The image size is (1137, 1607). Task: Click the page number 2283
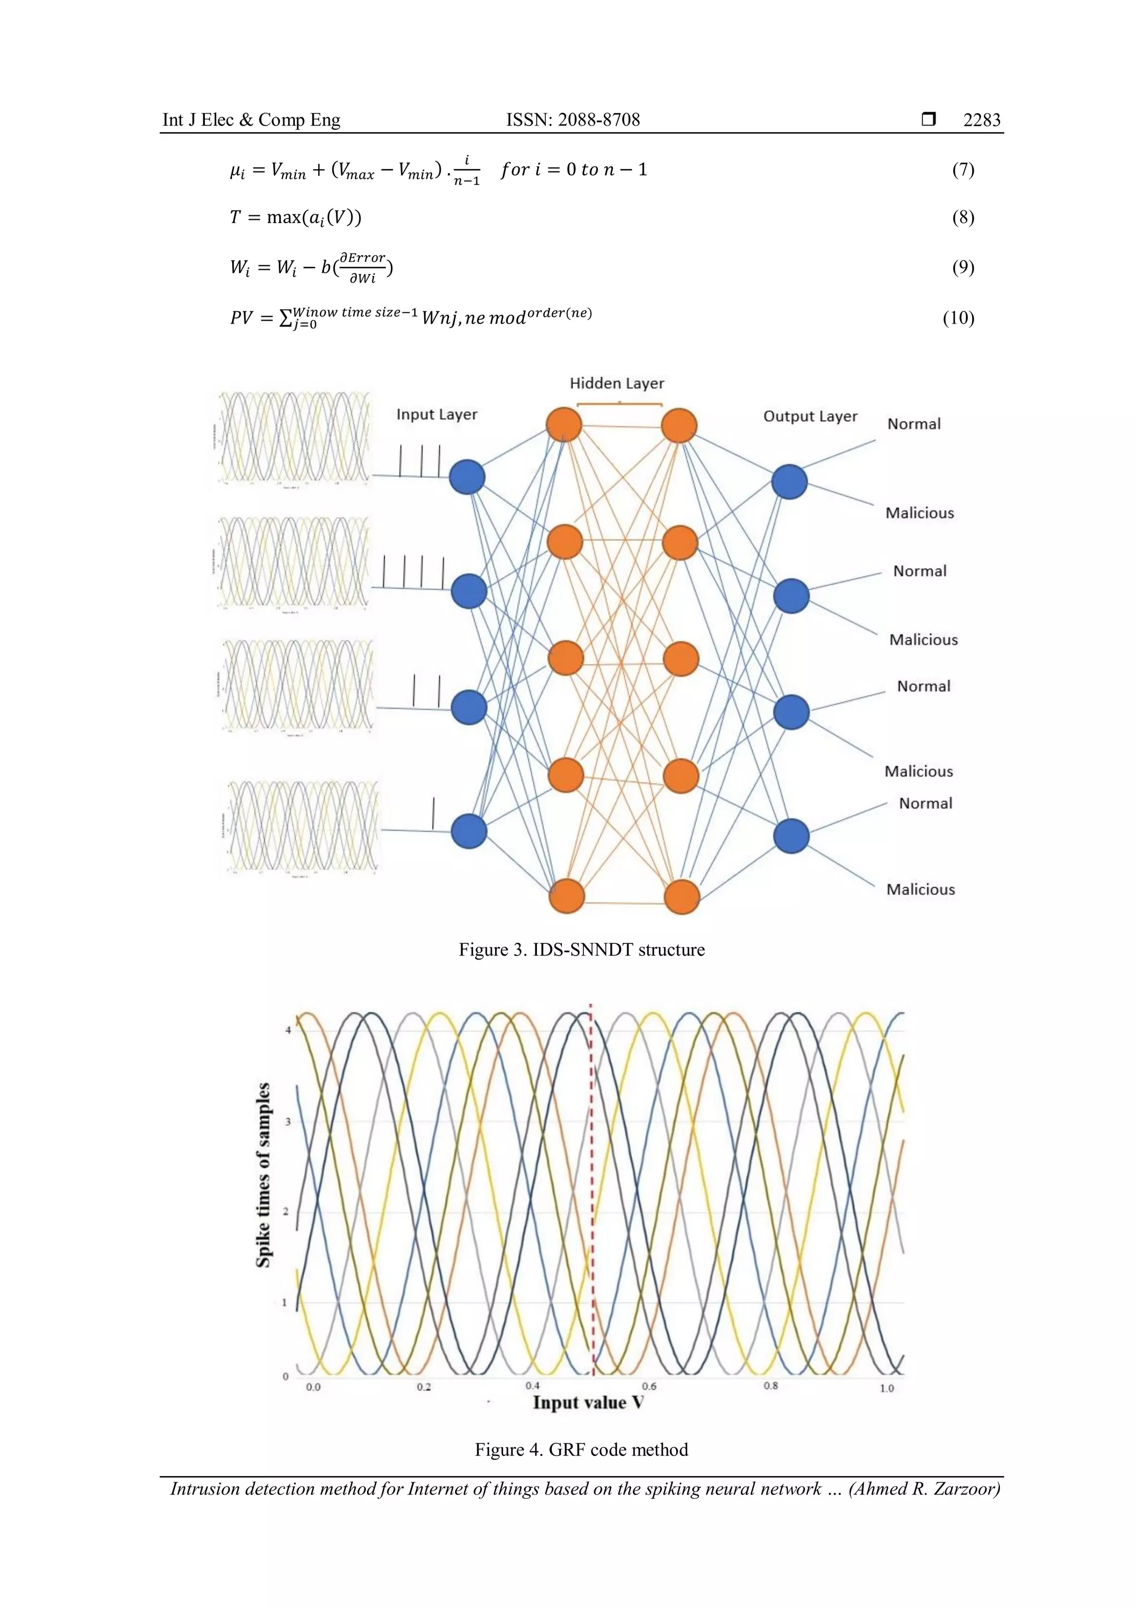tap(982, 120)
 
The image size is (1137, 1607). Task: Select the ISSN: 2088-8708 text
tap(573, 120)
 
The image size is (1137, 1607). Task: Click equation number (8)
tap(963, 217)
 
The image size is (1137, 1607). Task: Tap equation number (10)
tap(958, 318)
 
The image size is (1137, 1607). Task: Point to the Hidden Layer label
tap(616, 383)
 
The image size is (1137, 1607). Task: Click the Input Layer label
tap(437, 415)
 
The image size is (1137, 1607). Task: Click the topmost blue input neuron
tap(467, 477)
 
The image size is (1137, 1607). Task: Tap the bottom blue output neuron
tap(791, 836)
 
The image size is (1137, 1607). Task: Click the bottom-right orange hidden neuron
tap(681, 897)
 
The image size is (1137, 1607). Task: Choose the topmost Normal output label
tap(914, 424)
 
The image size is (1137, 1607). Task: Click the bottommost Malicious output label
tap(920, 890)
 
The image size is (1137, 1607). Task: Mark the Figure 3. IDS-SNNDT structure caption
tap(581, 950)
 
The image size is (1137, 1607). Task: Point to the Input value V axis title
tap(588, 1403)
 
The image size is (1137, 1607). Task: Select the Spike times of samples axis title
tap(263, 1175)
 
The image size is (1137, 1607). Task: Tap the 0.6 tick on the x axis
tap(649, 1387)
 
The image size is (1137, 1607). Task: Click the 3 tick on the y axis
tap(287, 1122)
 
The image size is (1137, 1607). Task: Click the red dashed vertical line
tap(592, 1190)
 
